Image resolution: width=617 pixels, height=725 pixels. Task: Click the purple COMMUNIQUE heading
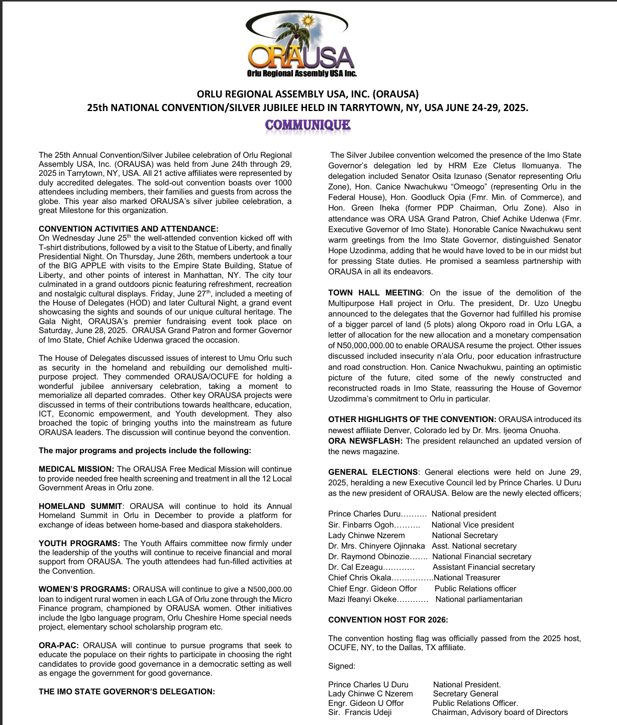[307, 125]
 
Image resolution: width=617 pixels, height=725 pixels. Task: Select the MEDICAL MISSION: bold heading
[76, 469]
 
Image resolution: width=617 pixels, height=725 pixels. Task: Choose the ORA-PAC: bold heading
[59, 645]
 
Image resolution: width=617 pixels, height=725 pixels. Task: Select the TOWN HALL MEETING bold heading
[375, 292]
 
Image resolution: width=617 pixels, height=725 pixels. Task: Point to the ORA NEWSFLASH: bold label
[365, 441]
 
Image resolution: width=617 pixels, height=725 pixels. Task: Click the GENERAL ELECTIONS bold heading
[373, 472]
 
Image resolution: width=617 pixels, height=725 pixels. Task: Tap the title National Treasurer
[467, 578]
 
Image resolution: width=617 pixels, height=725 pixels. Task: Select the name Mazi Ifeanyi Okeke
[362, 599]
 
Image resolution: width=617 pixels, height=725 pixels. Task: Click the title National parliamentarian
[479, 599]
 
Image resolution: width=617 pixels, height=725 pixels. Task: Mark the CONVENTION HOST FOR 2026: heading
[388, 619]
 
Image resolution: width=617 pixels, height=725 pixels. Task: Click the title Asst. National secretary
[474, 546]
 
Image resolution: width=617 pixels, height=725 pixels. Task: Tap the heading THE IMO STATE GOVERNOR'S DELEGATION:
[127, 691]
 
